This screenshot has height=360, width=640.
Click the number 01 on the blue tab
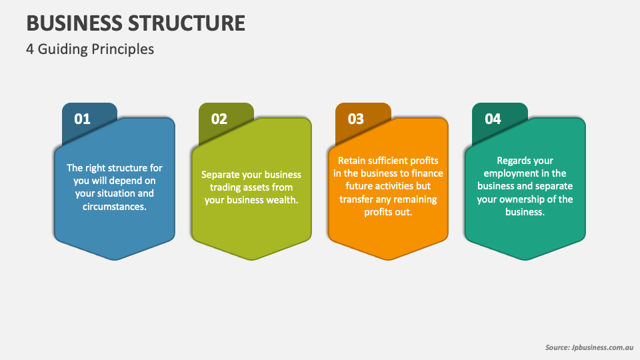pos(82,119)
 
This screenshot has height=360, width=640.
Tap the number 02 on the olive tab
pos(219,119)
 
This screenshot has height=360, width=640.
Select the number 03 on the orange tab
pos(355,119)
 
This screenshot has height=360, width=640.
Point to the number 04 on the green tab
pos(493,119)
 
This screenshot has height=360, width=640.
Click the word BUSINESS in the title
pos(75,23)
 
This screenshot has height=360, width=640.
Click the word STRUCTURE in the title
pos(187,23)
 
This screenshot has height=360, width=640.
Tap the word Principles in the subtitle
pos(123,49)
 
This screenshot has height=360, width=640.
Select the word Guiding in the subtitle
pos(63,49)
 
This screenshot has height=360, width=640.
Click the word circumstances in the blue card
pos(114,207)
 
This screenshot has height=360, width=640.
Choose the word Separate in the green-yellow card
pos(221,175)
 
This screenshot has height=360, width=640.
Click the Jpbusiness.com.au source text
pos(603,347)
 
